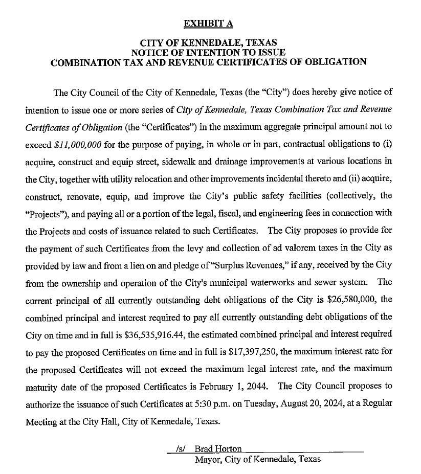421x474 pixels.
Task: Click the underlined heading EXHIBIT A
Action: pos(208,23)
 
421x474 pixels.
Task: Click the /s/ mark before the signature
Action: pos(180,449)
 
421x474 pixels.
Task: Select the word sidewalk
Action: pos(181,162)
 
